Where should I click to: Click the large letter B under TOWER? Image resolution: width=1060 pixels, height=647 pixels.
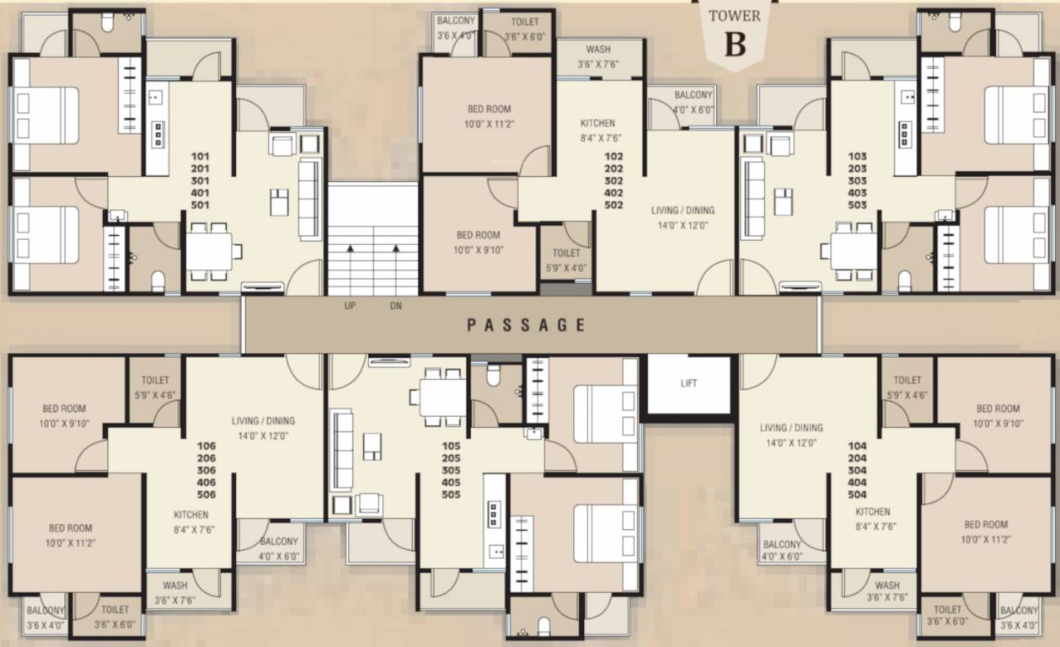(735, 45)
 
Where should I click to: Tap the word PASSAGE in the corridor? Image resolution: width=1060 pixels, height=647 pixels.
(526, 324)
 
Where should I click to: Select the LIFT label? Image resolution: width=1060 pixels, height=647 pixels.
(688, 383)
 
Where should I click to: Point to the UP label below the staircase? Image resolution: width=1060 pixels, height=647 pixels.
(350, 307)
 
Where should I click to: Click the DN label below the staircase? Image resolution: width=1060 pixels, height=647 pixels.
(395, 307)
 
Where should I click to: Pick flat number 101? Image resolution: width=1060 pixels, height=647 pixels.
(201, 156)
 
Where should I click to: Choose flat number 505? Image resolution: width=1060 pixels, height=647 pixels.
(450, 495)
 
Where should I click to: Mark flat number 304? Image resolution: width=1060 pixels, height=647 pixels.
(858, 471)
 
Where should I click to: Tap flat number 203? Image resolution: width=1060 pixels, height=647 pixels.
(858, 168)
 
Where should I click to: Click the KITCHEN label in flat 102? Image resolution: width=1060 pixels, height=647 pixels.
(597, 123)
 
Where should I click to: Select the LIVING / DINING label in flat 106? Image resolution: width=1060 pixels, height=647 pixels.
(264, 420)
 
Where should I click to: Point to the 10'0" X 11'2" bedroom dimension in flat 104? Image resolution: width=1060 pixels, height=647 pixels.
(985, 538)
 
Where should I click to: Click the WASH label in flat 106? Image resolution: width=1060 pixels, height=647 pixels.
(175, 586)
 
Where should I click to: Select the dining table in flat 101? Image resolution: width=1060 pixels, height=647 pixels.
(209, 251)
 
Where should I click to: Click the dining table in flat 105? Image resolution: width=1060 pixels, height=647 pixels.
(442, 397)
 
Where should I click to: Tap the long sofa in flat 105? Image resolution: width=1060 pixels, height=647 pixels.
(341, 450)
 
